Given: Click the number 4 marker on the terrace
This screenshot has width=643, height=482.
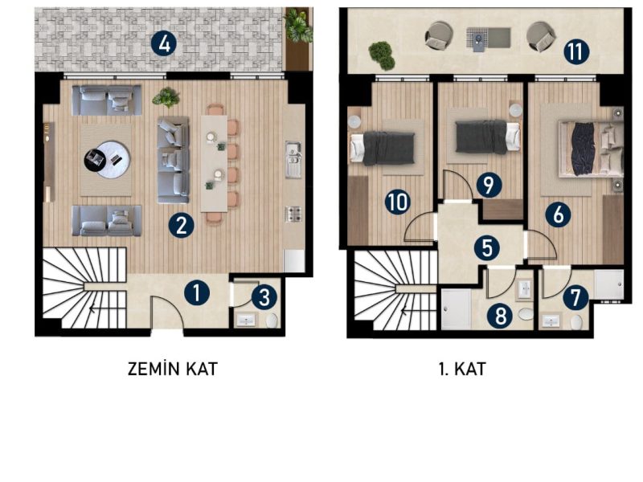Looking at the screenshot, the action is coord(164,44).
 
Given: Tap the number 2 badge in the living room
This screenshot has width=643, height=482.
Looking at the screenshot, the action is coord(182,225).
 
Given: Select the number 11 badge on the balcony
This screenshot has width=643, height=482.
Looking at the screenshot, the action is coord(576,52).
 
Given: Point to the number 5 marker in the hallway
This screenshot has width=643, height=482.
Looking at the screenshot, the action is coord(487,248).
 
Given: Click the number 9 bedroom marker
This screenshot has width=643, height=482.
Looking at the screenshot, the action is coord(489,185).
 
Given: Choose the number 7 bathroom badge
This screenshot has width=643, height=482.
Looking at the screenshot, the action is coord(575,297).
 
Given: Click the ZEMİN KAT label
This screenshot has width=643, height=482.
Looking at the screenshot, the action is coord(172,369).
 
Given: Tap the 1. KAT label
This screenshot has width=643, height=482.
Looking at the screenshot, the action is coord(462,369).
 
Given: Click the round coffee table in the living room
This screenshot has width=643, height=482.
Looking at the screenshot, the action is coord(108,159).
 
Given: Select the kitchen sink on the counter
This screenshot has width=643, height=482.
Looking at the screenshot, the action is coord(293,159).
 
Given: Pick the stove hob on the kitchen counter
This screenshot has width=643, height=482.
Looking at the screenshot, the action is coord(293,214).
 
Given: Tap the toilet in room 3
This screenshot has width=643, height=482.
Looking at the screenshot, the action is coord(272,321).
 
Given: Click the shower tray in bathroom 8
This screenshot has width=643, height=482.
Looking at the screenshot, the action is coord(456,309).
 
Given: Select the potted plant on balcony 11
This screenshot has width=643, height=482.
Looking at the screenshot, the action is coord(381,55).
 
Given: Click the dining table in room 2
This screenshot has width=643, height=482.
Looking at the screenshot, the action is coord(214,164).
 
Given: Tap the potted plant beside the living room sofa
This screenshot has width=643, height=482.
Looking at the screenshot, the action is coord(166,97).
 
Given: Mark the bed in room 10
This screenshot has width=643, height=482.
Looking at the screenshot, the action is coord(382,149).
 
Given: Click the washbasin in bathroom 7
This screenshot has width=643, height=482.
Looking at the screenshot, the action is coord(551,321).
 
